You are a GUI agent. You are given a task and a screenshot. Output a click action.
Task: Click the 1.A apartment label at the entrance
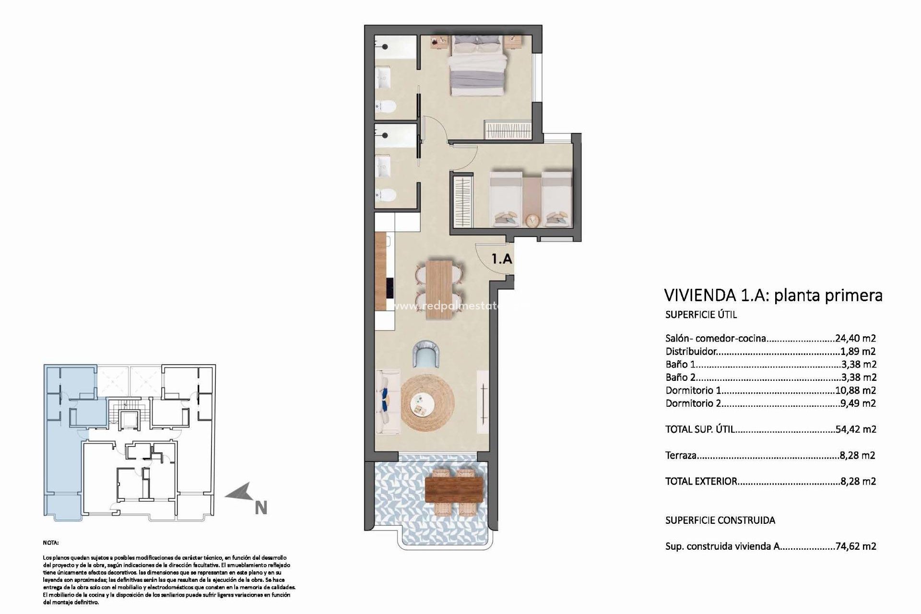tap(502, 260)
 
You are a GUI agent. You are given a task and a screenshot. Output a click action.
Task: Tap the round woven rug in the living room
tap(427, 402)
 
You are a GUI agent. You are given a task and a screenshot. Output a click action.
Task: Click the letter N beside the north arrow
tap(261, 508)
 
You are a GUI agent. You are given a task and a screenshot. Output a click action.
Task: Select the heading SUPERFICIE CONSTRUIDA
tap(720, 520)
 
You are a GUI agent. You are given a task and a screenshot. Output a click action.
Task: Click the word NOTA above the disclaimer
tap(51, 543)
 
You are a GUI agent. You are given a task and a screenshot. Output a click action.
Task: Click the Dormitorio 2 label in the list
tap(693, 403)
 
